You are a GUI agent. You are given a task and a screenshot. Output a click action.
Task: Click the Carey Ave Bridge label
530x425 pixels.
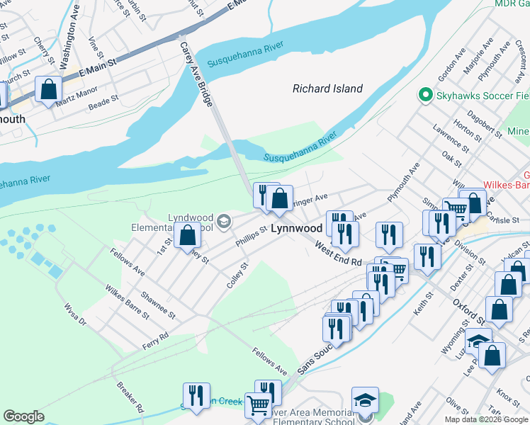[x=196, y=74]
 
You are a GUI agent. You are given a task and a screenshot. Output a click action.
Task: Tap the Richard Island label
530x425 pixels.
[x=327, y=89]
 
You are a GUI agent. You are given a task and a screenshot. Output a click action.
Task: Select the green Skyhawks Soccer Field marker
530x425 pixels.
[x=425, y=95]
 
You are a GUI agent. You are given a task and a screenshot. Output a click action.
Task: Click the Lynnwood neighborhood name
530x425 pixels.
[x=297, y=229]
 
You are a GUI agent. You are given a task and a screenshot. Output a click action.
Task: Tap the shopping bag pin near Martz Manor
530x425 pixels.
[x=48, y=91]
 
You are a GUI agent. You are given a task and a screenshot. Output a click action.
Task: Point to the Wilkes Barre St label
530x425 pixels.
[x=121, y=300]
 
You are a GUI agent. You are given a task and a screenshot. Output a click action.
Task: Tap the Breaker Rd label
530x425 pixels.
[x=130, y=399]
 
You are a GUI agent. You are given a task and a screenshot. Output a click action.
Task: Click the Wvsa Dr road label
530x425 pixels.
[x=74, y=315]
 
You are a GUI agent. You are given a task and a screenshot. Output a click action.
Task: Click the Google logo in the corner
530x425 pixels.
[x=23, y=416]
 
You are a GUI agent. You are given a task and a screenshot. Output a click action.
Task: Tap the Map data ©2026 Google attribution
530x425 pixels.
[x=486, y=419]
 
